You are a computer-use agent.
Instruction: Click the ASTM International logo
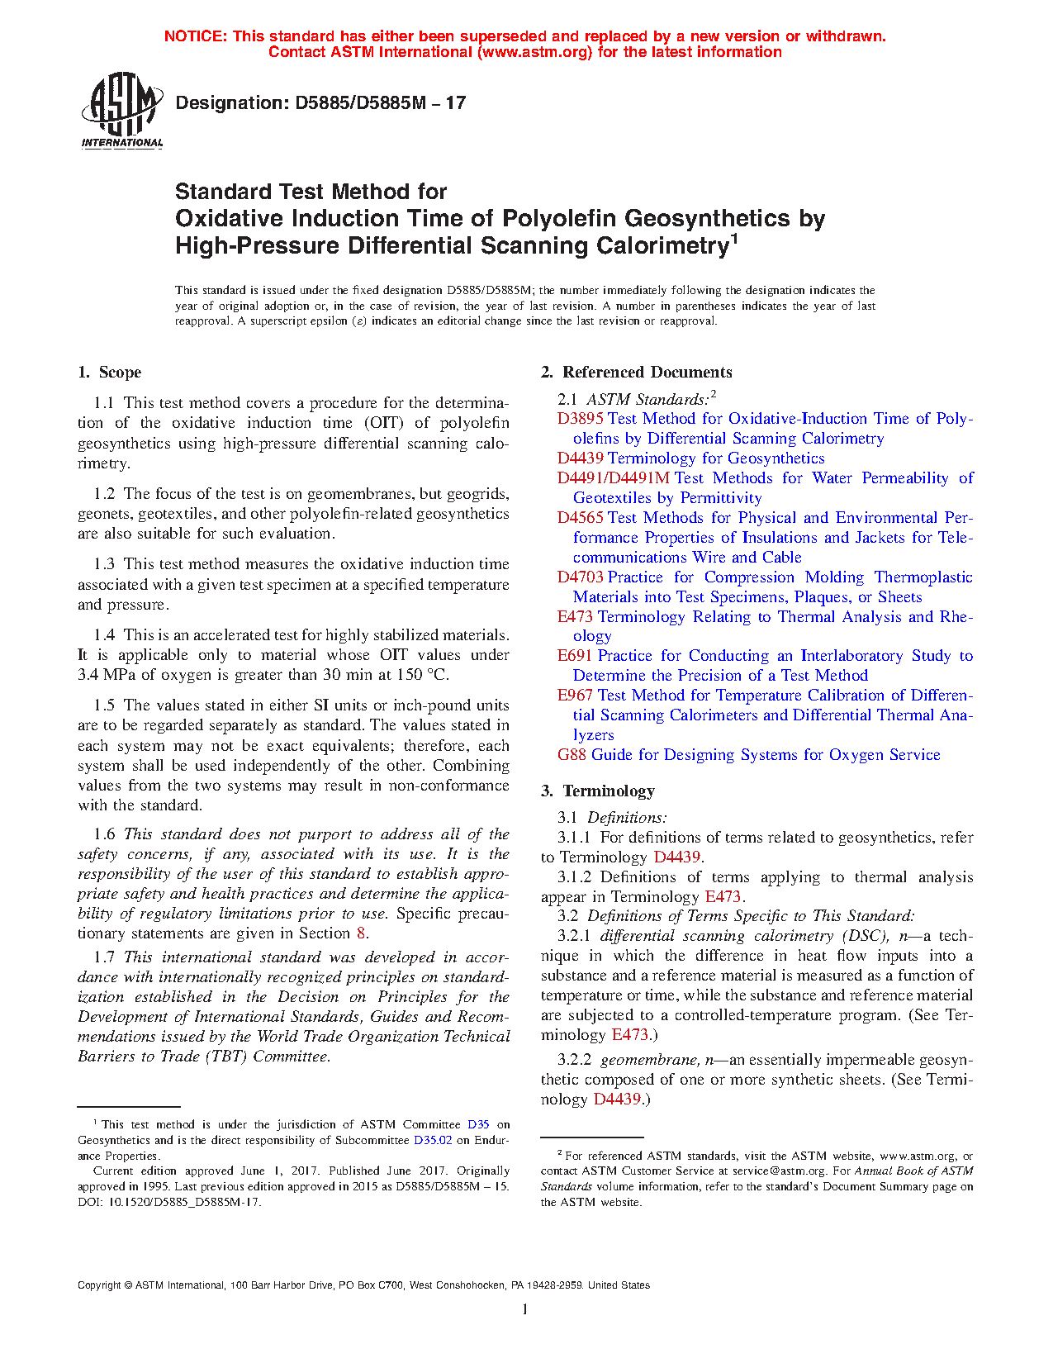click(x=121, y=111)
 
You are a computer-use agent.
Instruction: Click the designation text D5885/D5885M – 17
click(x=320, y=103)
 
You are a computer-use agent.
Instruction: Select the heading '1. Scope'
click(x=110, y=373)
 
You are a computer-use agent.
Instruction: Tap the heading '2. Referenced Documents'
click(x=636, y=373)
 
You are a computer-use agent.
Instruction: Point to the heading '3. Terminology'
click(x=598, y=791)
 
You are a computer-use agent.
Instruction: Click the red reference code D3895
click(x=580, y=419)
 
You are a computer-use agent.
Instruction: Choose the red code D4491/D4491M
click(x=613, y=478)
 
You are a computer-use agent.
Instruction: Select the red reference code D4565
click(x=580, y=518)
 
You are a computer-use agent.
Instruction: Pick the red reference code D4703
click(x=580, y=577)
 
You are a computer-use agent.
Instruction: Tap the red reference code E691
click(x=575, y=656)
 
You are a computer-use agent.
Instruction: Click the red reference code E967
click(x=575, y=696)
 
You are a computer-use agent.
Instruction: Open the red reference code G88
click(x=572, y=755)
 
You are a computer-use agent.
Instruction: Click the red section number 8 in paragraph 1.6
click(x=360, y=933)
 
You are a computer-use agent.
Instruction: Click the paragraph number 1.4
click(x=104, y=635)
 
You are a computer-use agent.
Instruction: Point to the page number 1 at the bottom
click(x=525, y=1308)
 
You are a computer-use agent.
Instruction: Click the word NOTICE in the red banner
click(x=194, y=36)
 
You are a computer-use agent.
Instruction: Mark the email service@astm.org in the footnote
click(x=779, y=1171)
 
